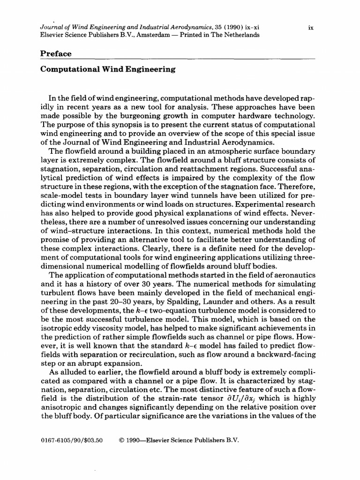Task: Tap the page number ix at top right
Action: click(x=310, y=28)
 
